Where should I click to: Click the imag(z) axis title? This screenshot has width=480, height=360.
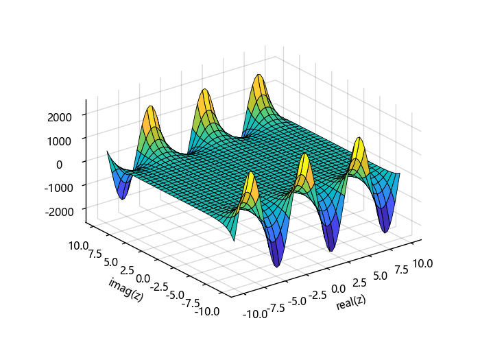point(125,290)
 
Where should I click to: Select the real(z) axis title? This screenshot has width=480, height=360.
point(351,302)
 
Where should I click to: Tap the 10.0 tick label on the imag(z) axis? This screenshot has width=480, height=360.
point(79,245)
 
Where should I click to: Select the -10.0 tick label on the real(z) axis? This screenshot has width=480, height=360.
point(254,314)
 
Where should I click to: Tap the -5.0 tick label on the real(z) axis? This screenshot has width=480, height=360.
point(296,300)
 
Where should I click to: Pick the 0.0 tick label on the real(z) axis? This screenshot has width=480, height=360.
point(337,287)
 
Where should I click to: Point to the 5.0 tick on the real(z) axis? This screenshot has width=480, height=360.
point(379,275)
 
